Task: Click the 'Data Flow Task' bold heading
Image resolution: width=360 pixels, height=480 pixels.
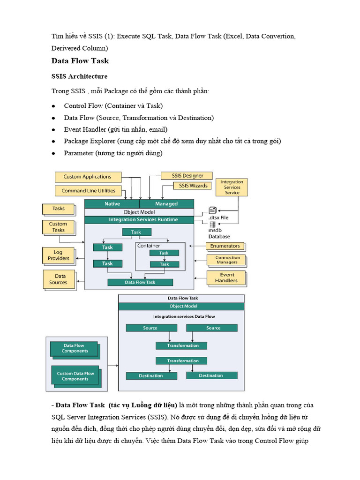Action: click(x=80, y=61)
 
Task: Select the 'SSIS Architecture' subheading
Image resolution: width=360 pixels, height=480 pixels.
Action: click(x=79, y=76)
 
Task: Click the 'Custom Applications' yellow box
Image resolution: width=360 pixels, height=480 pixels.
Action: click(x=87, y=177)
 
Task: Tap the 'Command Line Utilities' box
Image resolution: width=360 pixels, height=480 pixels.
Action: click(x=88, y=191)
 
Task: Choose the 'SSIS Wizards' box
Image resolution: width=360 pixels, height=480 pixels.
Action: click(x=193, y=186)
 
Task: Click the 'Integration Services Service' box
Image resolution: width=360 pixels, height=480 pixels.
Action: click(x=232, y=187)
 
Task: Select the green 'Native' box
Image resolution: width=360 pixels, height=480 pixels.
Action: click(x=112, y=204)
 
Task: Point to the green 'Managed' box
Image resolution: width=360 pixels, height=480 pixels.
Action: click(x=166, y=204)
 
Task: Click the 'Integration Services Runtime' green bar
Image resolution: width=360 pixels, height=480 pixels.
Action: click(x=139, y=219)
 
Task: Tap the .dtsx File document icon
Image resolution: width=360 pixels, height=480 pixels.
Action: click(x=212, y=210)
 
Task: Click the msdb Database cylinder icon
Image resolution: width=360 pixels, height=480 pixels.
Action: click(x=212, y=225)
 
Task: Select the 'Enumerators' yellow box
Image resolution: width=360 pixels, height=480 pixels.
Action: click(x=225, y=246)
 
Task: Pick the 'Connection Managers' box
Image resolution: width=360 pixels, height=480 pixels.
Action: click(x=227, y=260)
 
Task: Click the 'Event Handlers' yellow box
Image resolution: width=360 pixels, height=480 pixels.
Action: click(x=226, y=277)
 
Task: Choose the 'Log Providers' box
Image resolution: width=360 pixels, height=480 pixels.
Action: click(x=58, y=255)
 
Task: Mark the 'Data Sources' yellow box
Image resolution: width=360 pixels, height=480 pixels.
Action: click(x=58, y=279)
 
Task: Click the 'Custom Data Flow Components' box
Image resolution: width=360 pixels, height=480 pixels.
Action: click(x=75, y=376)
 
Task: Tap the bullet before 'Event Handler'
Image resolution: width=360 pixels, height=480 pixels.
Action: click(x=54, y=129)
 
